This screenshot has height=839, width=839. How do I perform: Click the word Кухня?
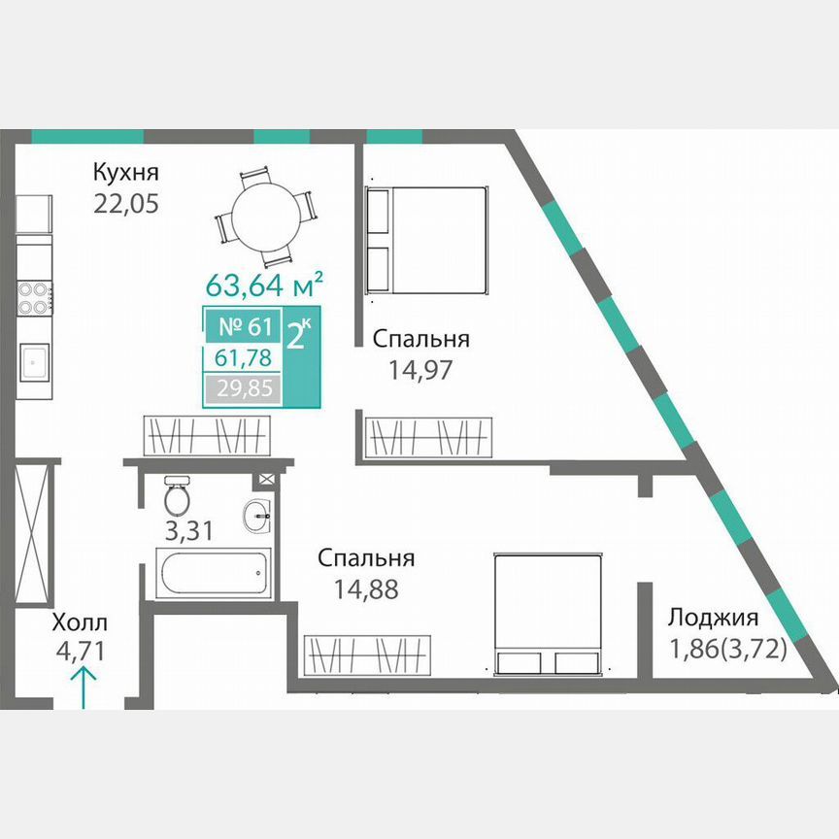coord(125,173)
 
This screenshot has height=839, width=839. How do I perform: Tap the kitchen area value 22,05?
coord(126,203)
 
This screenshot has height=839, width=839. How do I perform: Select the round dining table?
coord(266,218)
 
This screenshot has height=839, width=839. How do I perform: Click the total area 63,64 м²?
coord(264,285)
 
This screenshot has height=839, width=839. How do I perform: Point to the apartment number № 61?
coord(246,326)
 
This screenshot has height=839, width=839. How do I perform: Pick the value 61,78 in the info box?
coord(243,357)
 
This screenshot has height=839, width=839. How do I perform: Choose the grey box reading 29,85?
coord(243,387)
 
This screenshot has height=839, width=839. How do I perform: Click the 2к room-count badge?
coord(298,334)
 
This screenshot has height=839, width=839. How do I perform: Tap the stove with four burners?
coord(34,298)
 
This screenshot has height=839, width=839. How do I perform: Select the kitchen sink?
coord(34,362)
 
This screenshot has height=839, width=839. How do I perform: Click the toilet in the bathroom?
coord(177,494)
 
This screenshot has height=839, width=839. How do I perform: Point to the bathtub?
coord(214,573)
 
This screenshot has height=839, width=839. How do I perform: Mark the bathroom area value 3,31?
coord(189,531)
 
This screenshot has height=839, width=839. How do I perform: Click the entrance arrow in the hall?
coord(84,687)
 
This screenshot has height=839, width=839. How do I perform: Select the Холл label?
coord(80,622)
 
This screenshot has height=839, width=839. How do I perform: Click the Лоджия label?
coord(712,619)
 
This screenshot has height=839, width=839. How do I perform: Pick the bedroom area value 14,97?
coord(420,370)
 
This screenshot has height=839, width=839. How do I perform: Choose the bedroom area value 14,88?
coord(366,589)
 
